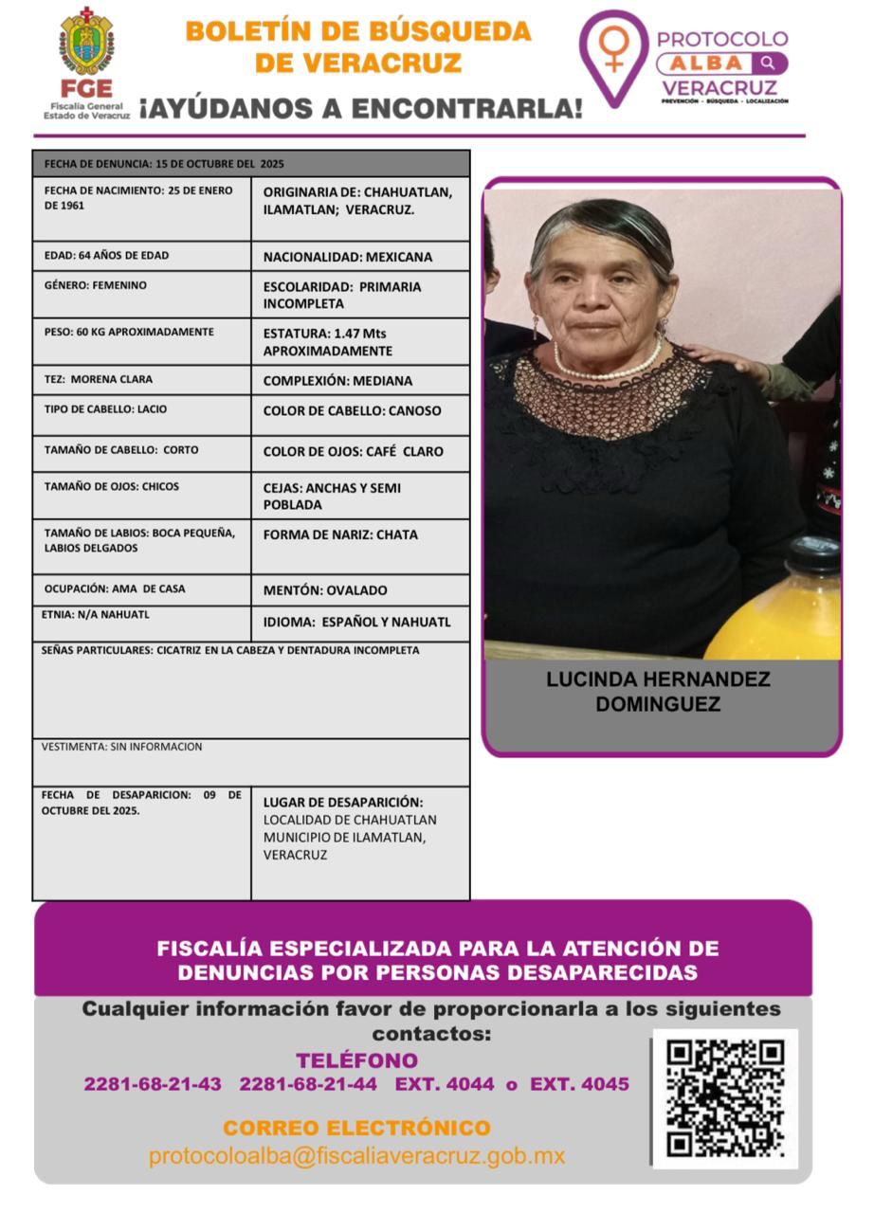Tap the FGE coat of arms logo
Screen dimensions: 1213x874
pos(86,43)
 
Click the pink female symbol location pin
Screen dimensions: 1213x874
pos(613,55)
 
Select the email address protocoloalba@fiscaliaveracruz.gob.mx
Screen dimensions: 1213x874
pos(356,1156)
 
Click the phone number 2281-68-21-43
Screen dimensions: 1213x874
pos(153,1084)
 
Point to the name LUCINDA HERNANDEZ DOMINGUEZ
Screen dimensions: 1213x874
pos(658,692)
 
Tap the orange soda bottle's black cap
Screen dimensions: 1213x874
pos(812,555)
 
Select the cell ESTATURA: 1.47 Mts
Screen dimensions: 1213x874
pos(359,342)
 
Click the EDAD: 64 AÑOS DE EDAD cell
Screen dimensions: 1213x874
pos(141,256)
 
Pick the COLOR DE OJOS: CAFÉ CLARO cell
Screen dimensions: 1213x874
pos(359,452)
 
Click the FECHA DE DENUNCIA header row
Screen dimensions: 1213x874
pos(250,164)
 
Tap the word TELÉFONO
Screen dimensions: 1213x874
pos(356,1060)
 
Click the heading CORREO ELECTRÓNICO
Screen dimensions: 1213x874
pos(356,1129)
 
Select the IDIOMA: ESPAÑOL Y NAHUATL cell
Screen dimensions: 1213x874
pos(359,623)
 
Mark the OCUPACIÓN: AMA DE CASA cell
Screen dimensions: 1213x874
pos(141,589)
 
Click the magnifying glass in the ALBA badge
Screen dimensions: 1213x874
pos(768,63)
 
